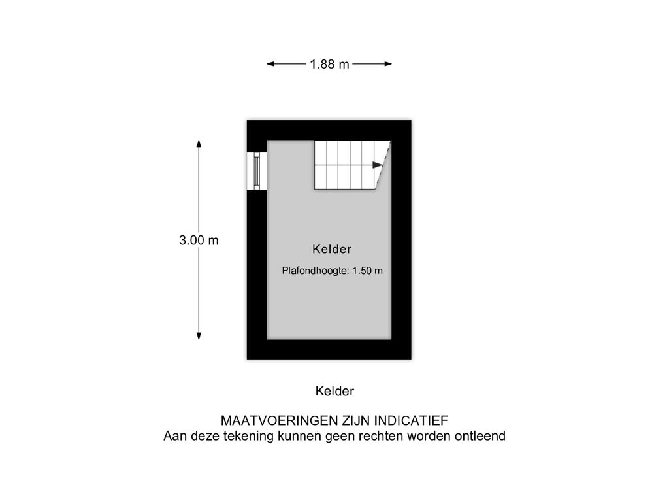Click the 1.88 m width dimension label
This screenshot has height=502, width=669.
pos(329,64)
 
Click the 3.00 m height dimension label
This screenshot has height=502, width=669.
pos(199,241)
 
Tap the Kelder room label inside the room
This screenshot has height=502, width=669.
pos(332,249)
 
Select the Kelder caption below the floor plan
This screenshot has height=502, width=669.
pos(334,392)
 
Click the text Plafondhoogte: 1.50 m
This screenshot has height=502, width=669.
pos(332,271)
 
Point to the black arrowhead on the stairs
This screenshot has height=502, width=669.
pos(377,165)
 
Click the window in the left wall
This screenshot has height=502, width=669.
pos(257,171)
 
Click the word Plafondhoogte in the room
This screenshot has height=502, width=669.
pos(315,271)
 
